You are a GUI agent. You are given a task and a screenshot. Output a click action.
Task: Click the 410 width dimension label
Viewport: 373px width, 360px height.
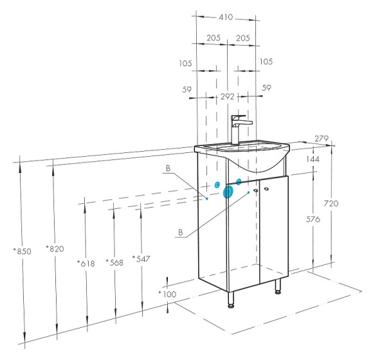tap(226, 17)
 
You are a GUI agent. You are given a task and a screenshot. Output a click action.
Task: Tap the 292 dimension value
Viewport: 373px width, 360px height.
tap(228, 97)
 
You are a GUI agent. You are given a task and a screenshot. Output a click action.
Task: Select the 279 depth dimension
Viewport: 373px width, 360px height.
tap(322, 138)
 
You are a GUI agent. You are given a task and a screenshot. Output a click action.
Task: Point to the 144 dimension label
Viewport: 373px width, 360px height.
tap(313, 159)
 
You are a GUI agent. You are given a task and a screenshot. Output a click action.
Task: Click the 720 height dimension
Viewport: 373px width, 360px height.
tap(331, 204)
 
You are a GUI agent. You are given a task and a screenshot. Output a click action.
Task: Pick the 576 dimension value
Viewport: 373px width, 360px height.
tap(313, 219)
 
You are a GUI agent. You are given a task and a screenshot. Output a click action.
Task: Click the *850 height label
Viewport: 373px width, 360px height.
tap(22, 251)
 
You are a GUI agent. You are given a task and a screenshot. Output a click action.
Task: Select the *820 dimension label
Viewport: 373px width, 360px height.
tap(55, 249)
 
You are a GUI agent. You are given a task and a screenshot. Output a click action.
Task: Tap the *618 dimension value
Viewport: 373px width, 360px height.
tap(86, 264)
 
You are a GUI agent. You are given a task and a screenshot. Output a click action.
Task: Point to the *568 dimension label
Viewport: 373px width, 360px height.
tap(114, 262)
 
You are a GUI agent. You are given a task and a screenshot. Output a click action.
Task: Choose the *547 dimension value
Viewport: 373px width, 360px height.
tap(141, 258)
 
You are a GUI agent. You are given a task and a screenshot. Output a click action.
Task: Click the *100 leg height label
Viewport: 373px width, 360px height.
tap(167, 294)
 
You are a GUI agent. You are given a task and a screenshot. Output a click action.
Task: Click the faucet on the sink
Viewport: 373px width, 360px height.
tap(239, 129)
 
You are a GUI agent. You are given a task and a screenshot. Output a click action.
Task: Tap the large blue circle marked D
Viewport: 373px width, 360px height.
tap(228, 192)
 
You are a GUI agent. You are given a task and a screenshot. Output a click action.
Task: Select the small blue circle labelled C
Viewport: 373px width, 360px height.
tap(217, 184)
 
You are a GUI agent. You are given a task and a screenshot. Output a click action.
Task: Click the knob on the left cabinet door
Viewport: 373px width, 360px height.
tap(256, 190)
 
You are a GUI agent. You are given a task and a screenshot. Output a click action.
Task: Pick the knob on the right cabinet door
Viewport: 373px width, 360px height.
tap(266, 189)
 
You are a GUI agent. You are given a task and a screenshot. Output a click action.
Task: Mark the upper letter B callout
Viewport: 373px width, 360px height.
tap(168, 168)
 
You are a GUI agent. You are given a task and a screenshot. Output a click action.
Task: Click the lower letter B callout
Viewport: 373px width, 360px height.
tap(181, 232)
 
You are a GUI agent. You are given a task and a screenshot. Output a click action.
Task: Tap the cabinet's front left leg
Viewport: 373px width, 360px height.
tap(231, 300)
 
